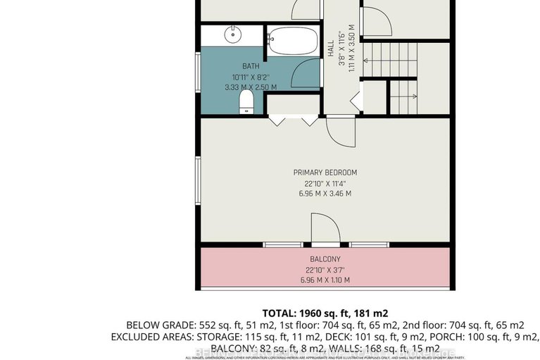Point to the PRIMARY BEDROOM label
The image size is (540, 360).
325,173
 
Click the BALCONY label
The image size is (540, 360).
325,259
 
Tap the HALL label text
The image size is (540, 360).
330,49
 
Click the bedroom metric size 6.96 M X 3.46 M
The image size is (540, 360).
325,194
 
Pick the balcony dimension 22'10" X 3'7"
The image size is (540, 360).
325,270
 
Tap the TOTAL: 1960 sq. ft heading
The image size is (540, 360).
325,312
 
